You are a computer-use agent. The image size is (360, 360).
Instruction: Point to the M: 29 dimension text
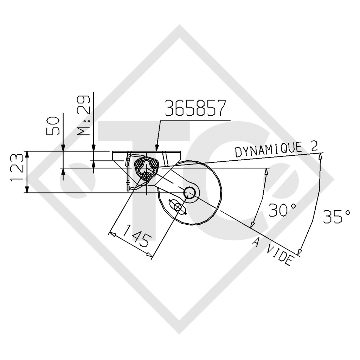83,115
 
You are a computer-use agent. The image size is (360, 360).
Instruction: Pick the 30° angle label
282,210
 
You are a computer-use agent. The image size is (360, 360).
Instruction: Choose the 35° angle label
336,216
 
